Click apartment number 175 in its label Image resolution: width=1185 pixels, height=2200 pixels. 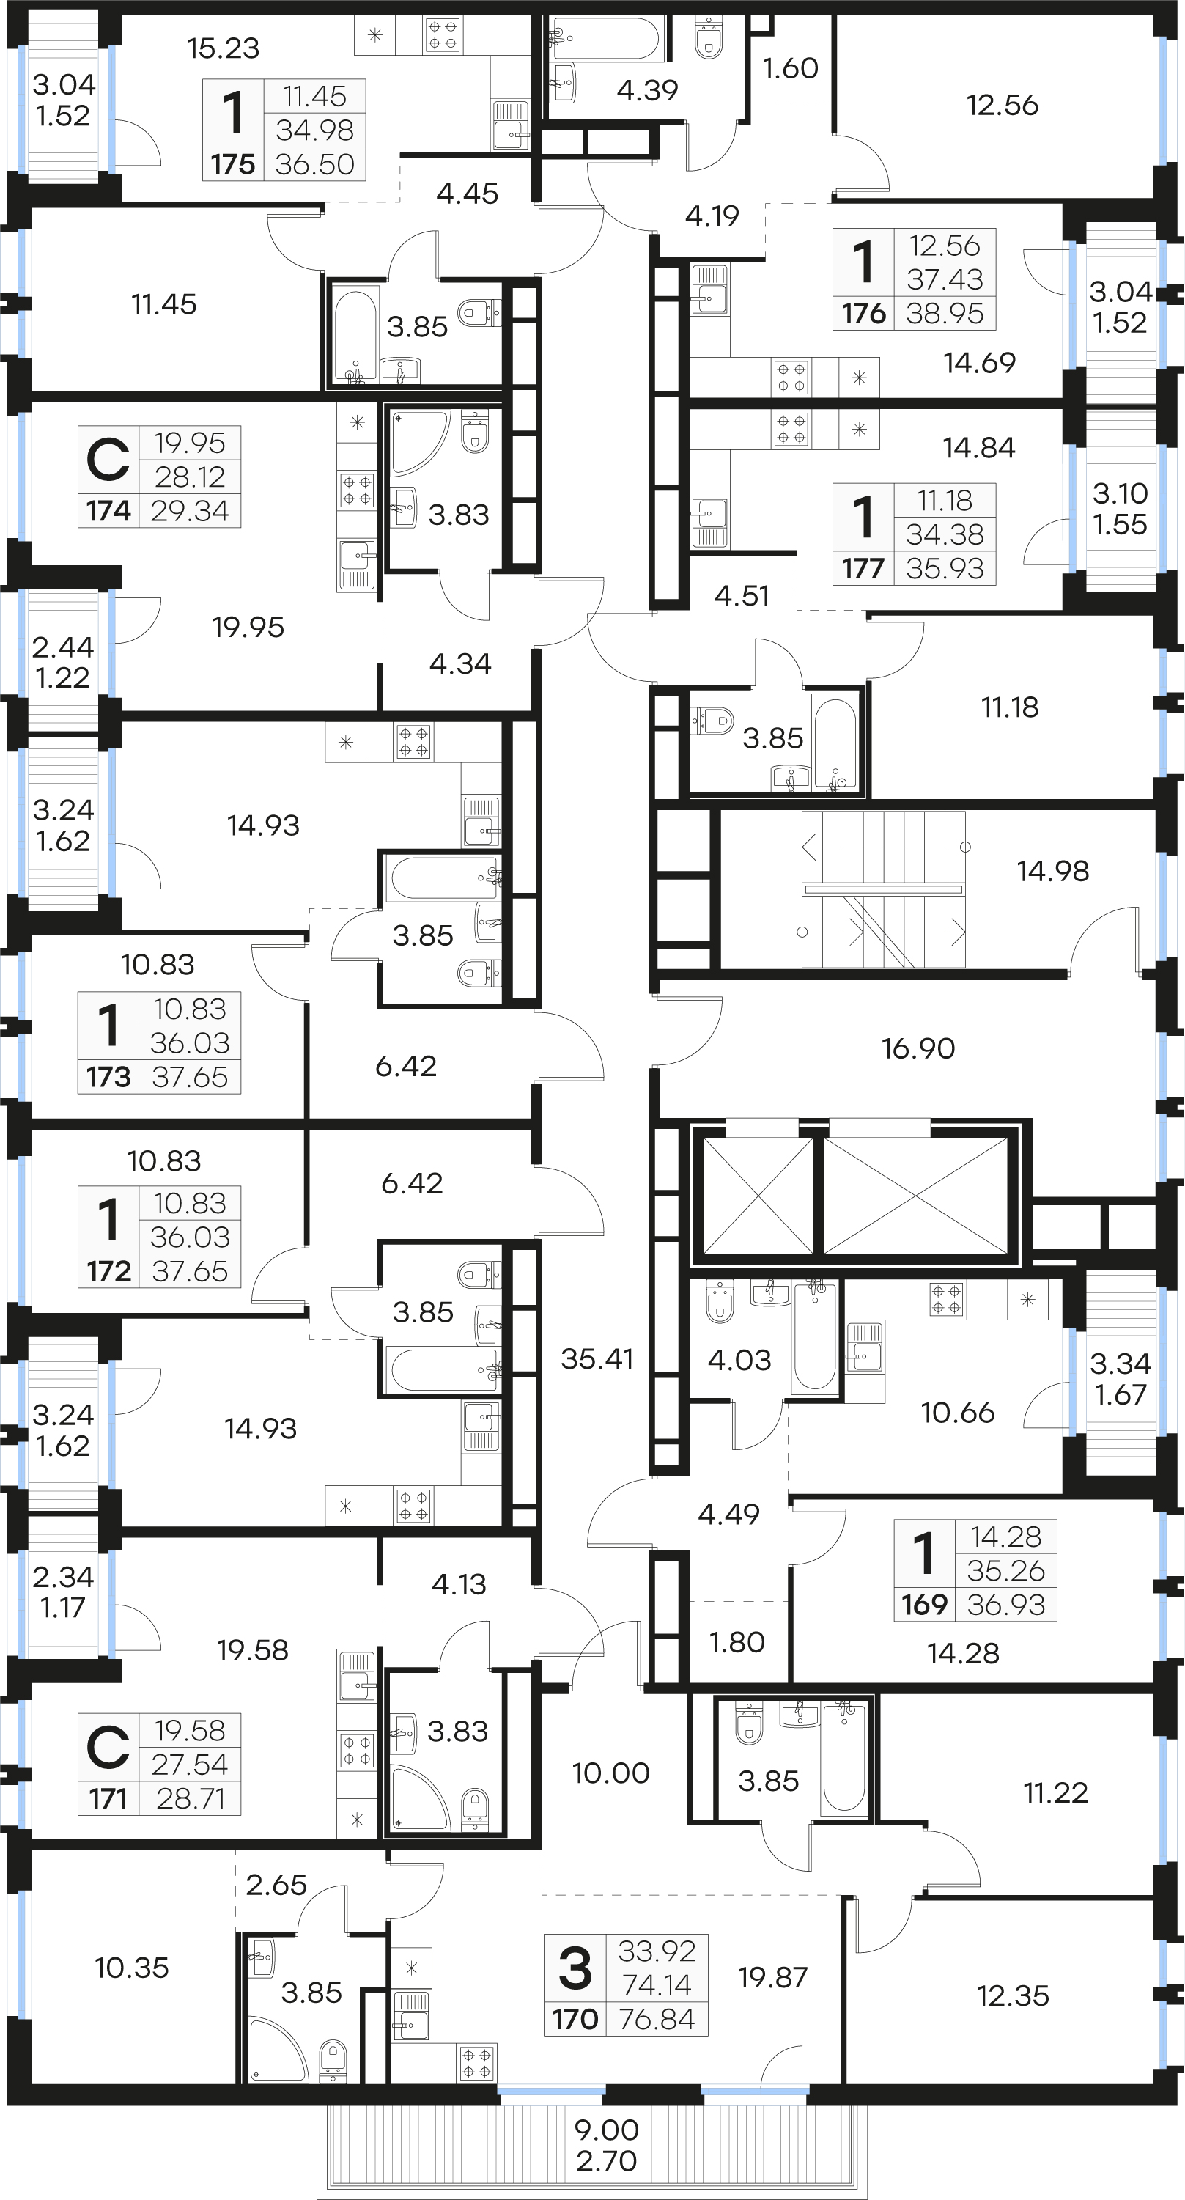pos(233,164)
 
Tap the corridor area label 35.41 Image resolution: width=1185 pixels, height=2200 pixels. pos(597,1358)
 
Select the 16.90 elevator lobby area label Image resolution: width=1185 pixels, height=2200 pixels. pos(918,1048)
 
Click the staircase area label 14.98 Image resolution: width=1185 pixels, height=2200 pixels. pos(1052,871)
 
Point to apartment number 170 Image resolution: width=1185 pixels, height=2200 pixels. pos(575,2019)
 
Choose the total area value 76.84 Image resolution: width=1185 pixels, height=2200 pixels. pos(657,2019)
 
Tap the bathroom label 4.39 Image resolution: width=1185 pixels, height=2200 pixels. pos(647,89)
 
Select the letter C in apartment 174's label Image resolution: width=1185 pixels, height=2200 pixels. pos(108,460)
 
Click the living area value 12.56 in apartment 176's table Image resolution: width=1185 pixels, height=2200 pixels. pos(944,246)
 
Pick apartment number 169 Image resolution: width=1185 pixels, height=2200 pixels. pos(925,1604)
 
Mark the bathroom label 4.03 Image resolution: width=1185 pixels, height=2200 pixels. pos(739,1360)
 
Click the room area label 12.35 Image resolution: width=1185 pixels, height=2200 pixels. pos(1013,1996)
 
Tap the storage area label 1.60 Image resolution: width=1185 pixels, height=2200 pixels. pos(790,68)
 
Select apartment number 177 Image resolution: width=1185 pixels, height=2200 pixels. pos(863,568)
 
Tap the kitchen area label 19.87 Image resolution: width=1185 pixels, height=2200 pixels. pos(772,1976)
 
